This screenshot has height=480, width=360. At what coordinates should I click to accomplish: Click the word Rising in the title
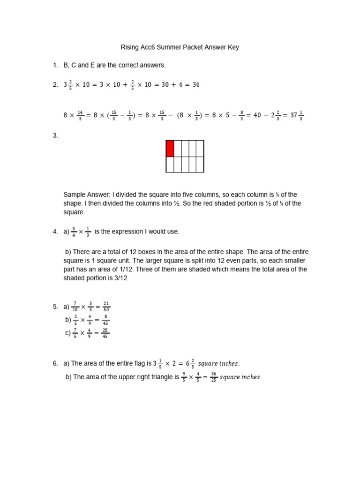coord(130,47)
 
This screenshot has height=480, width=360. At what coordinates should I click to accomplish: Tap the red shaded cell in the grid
coord(170,148)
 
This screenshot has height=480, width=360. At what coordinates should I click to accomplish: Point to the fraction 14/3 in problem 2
coord(80,115)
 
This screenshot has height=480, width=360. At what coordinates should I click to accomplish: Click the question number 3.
coord(55,136)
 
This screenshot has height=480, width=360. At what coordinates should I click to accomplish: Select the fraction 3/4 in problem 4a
coord(74,232)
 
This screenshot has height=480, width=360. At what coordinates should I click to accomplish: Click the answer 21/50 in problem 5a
coord(106,307)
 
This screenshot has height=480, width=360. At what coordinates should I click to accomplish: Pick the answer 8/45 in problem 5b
coord(105,320)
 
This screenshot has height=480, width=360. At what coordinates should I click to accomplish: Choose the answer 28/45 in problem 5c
coord(105,333)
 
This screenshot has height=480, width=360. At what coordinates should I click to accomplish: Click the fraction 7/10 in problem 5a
coord(75,307)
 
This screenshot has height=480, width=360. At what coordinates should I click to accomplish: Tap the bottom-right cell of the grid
coord(200,165)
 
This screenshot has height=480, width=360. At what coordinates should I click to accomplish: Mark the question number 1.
coord(55,65)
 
